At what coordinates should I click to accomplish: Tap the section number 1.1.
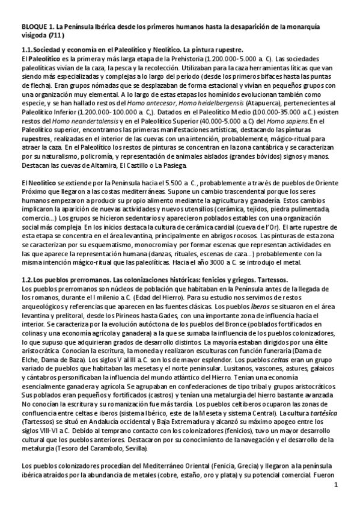[27, 49]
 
